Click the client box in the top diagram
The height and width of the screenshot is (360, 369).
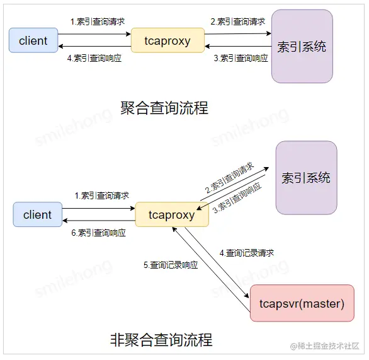click(x=33, y=40)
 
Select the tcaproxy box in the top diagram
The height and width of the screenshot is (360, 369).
click(x=167, y=40)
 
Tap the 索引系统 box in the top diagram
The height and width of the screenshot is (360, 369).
click(x=302, y=46)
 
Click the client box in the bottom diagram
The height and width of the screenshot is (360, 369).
click(x=38, y=214)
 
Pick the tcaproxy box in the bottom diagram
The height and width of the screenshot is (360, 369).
click(x=172, y=214)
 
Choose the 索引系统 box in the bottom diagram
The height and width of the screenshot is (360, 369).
click(x=306, y=178)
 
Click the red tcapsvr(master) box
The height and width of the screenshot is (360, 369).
click(x=302, y=303)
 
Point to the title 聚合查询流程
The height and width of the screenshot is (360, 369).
click(x=164, y=108)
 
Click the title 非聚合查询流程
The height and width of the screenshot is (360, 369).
click(x=161, y=340)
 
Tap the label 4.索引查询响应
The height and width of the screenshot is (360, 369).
click(x=94, y=58)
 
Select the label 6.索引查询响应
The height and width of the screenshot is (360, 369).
click(x=98, y=233)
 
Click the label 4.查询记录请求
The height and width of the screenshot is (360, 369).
click(x=247, y=253)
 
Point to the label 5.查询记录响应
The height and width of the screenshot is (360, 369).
click(x=171, y=265)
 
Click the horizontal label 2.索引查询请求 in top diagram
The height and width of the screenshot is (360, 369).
click(x=237, y=21)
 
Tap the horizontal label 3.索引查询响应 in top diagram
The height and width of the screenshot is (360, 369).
click(x=241, y=58)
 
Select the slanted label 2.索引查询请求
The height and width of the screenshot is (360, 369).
click(x=229, y=178)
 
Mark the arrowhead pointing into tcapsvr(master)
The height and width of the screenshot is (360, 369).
click(x=247, y=296)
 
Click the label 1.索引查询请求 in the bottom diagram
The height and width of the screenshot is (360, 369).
click(x=101, y=195)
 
